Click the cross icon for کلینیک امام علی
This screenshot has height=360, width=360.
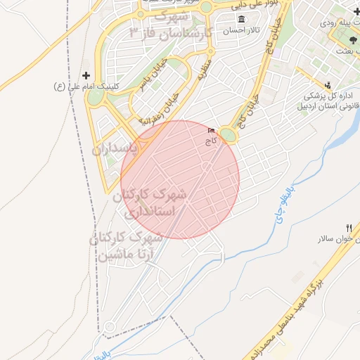[86, 75]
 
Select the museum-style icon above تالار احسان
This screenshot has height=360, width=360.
[242, 20]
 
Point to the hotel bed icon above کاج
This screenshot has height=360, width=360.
[212, 131]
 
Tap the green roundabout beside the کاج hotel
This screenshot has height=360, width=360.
[229, 134]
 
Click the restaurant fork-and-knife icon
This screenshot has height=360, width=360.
[349, 228]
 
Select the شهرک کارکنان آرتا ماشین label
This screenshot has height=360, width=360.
[127, 246]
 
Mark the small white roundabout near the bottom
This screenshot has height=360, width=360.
[109, 326]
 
